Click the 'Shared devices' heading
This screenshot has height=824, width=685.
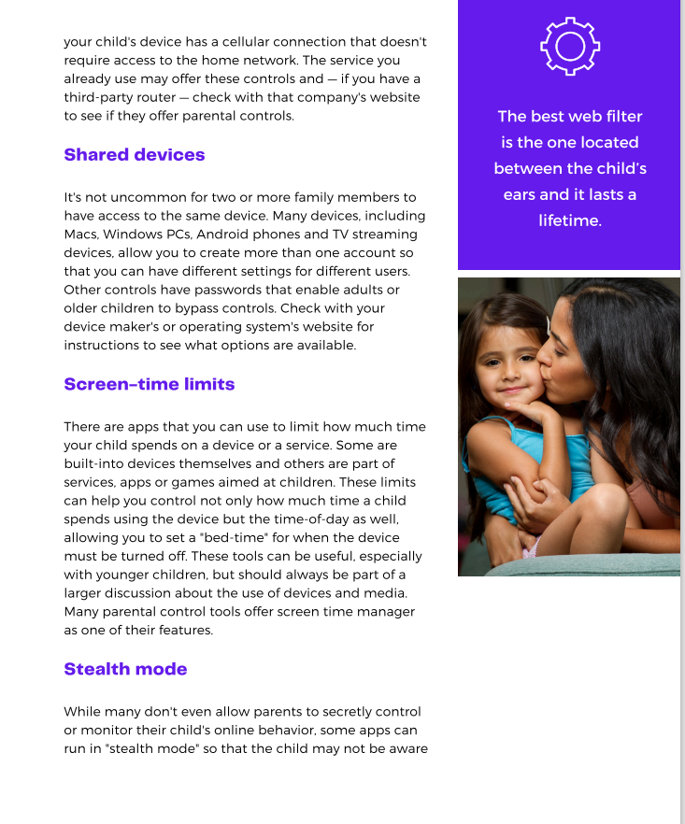click(134, 155)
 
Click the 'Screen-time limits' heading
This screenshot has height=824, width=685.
click(149, 384)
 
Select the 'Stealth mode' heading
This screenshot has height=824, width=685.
click(125, 669)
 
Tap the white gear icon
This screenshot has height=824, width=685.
click(570, 46)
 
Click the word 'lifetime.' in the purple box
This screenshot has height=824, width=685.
click(570, 220)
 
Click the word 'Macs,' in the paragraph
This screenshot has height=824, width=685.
click(81, 234)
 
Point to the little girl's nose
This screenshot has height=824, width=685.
click(510, 372)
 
